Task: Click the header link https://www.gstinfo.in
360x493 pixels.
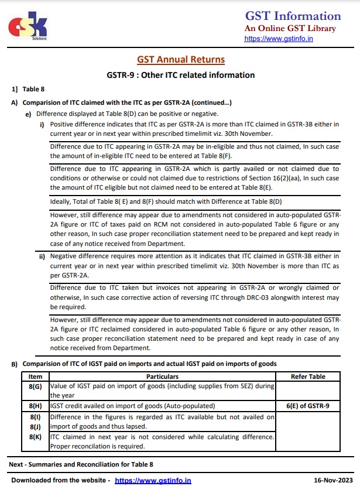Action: pos(278,39)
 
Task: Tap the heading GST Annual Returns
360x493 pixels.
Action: pos(181,60)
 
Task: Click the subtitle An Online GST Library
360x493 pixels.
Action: pos(290,28)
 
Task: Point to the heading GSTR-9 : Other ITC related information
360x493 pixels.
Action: pos(181,75)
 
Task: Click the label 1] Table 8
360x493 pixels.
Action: pos(28,90)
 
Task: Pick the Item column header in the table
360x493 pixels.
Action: pos(35,376)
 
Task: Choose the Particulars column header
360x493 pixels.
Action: pos(162,376)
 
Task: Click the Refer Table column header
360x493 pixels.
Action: pos(308,376)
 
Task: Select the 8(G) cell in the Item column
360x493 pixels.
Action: pos(35,386)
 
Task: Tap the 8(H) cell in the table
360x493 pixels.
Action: pos(35,406)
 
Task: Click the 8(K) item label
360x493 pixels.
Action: pos(35,437)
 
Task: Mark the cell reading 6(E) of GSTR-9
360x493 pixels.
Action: pos(308,406)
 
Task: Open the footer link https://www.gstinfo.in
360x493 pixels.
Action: pos(153,481)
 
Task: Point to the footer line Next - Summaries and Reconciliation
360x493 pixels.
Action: pos(81,464)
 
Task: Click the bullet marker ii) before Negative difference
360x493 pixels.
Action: pos(42,256)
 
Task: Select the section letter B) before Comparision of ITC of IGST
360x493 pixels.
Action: pos(15,364)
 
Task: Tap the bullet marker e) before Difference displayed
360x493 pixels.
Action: pos(28,114)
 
